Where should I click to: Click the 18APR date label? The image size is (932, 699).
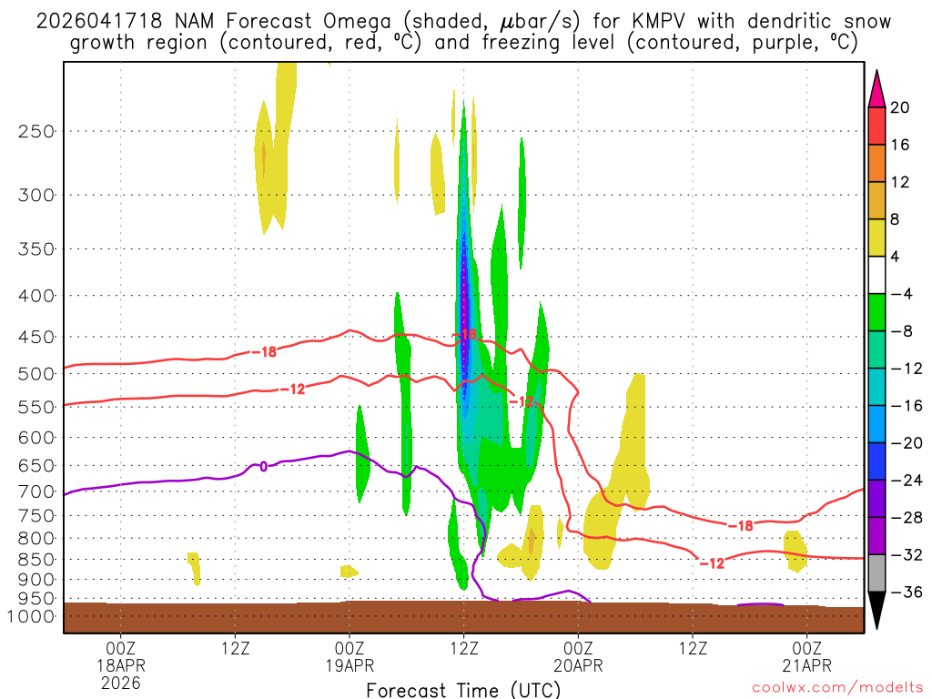tap(120, 664)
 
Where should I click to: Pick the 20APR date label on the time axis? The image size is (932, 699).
tap(578, 664)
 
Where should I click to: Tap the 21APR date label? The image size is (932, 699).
tap(807, 664)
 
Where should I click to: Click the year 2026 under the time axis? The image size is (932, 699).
tap(120, 682)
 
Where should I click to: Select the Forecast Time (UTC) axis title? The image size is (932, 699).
tap(463, 689)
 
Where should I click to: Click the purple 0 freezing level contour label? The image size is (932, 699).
tap(263, 466)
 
